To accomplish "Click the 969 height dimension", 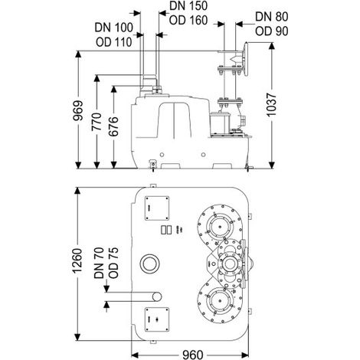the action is click(78, 110).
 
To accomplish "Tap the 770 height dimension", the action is click(97, 122).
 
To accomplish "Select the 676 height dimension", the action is click(113, 126).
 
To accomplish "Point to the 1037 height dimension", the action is click(271, 105).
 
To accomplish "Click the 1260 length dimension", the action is click(77, 260).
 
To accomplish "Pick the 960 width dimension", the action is click(193, 355).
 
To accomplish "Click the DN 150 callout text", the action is click(188, 6).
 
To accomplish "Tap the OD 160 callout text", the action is click(188, 20).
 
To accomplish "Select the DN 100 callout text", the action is click(114, 28).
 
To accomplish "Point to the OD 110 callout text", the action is click(114, 42).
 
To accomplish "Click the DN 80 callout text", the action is click(272, 17).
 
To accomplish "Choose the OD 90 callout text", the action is click(272, 31).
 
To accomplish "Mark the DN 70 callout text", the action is click(99, 263).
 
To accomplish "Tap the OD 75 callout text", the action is click(113, 263).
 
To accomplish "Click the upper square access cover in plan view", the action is click(157, 208).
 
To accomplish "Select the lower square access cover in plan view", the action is click(157, 319).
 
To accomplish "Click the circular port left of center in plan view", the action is click(150, 264).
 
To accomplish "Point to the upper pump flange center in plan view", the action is click(219, 227).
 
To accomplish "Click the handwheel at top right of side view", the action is click(246, 60).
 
